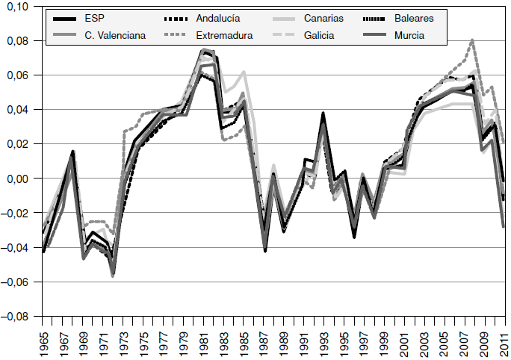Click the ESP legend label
(94, 18)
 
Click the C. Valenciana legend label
(113, 34)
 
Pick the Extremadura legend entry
(224, 34)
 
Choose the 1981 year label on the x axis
(202, 341)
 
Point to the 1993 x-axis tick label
(323, 341)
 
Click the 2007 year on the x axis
(463, 341)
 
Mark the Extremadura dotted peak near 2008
(472, 40)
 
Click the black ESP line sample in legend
(66, 18)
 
